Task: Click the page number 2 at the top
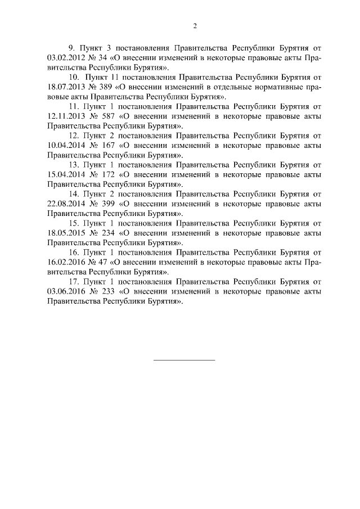point(195,26)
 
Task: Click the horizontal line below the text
point(184,359)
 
